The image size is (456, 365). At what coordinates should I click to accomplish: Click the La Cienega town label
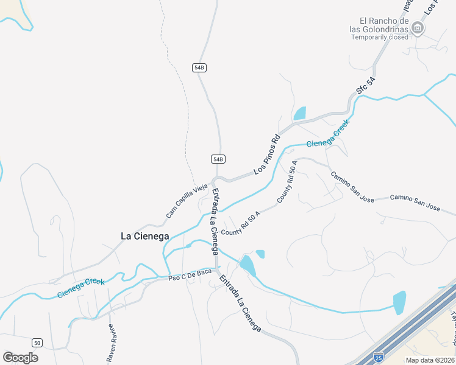pyautogui.click(x=144, y=236)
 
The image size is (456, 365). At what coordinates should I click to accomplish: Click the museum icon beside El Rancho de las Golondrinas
pyautogui.click(x=418, y=27)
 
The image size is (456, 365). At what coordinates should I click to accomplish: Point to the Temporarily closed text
pyautogui.click(x=380, y=37)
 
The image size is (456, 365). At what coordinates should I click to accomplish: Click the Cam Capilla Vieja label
pyautogui.click(x=187, y=201)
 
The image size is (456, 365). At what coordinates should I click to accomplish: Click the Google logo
pyautogui.click(x=21, y=357)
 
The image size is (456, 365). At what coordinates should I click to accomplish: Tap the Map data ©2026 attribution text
pyautogui.click(x=430, y=360)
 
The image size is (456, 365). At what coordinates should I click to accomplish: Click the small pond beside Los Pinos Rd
pyautogui.click(x=299, y=114)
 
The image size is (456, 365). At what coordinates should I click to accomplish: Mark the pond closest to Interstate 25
pyautogui.click(x=399, y=302)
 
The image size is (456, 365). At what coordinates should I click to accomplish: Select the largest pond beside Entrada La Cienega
pyautogui.click(x=248, y=266)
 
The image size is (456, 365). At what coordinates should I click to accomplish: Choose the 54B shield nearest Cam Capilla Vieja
pyautogui.click(x=219, y=159)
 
